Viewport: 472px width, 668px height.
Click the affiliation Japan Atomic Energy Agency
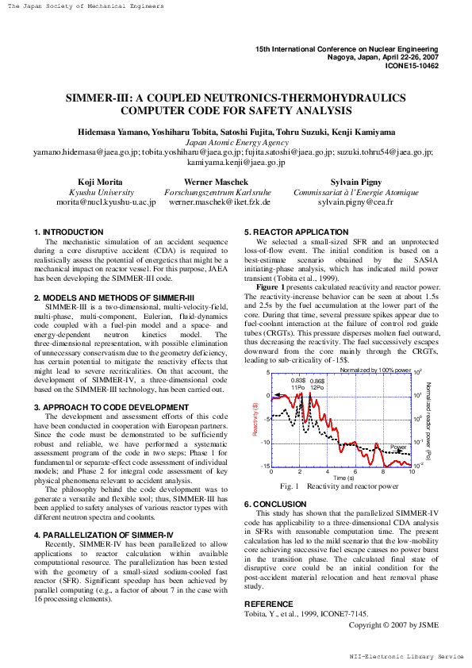[236, 142]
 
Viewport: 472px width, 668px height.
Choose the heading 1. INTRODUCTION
[69, 232]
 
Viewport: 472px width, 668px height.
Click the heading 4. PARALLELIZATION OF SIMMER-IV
[106, 513]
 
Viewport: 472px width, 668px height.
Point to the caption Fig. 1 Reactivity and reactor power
[340, 486]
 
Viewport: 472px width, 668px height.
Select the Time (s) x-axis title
[343, 478]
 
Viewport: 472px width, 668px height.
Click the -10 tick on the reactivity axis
[266, 443]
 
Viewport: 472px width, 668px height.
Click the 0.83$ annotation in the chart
[297, 381]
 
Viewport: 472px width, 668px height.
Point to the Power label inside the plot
[398, 447]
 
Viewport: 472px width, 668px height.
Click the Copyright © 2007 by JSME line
[393, 624]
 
